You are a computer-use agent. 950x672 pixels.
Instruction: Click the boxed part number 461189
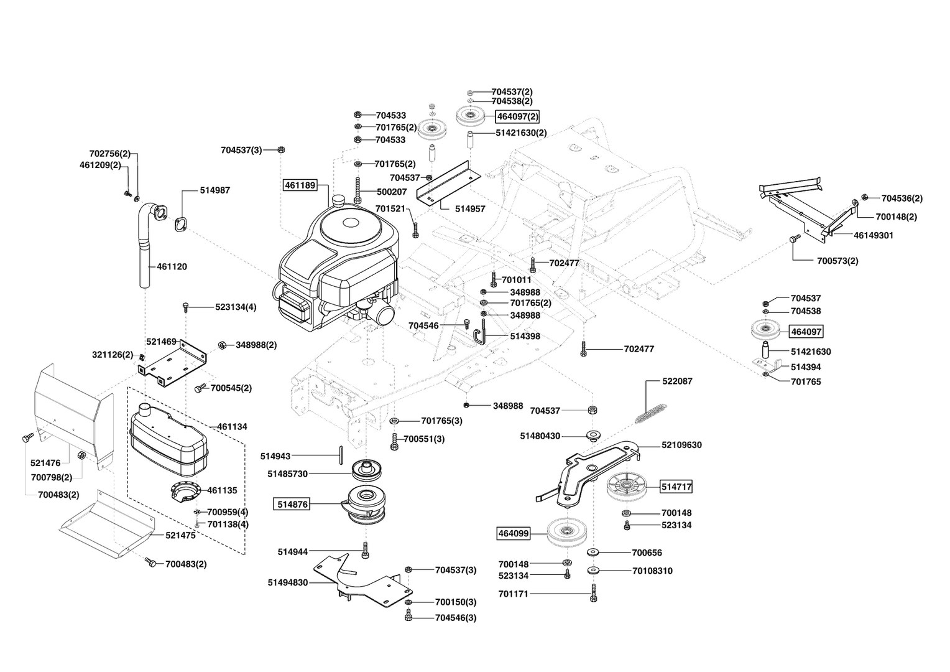click(x=300, y=185)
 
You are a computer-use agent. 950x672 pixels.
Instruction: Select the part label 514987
click(x=214, y=190)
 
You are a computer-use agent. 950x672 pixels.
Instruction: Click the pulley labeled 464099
click(x=567, y=532)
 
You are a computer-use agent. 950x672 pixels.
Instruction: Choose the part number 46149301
click(x=874, y=236)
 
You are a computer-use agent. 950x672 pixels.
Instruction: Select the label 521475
click(x=181, y=535)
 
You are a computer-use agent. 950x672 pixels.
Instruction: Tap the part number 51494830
click(x=288, y=582)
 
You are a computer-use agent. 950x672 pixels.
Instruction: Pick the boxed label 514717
click(x=676, y=487)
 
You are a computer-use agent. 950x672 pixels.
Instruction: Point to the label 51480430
click(x=540, y=436)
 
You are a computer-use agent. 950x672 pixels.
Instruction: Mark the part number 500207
click(x=391, y=192)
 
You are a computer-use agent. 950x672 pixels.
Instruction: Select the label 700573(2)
click(x=837, y=261)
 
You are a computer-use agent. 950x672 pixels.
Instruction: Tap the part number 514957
click(x=470, y=209)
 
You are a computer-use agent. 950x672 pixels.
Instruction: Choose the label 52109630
click(x=682, y=445)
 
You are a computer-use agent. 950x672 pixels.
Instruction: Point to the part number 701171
click(x=513, y=594)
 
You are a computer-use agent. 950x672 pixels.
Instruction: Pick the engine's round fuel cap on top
click(x=339, y=201)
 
